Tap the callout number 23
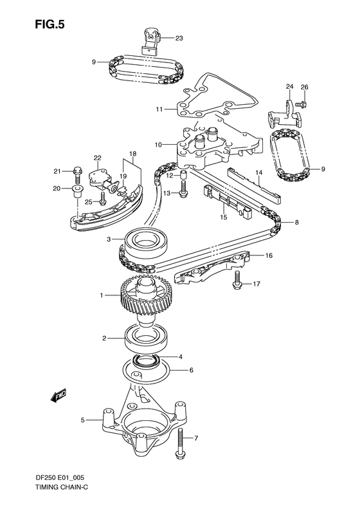coord(178,39)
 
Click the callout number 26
coord(305,87)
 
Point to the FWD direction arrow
coord(60,394)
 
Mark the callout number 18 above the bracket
coord(133,154)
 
